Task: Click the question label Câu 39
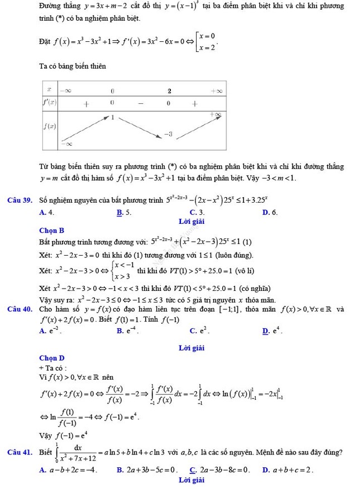pos(21,200)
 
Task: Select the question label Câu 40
pos(21,309)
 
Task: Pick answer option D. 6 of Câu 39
pos(266,212)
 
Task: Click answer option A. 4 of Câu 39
pos(47,212)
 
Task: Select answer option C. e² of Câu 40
pos(196,331)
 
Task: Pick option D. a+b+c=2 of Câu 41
pos(288,470)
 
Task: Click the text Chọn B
pos(52,230)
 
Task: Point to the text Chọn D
pos(52,357)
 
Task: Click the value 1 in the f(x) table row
pos(112,118)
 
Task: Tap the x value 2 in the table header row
pos(169,91)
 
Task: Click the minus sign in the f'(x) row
pos(141,103)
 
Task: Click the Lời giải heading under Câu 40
pos(192,348)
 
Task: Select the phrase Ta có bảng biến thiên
pos(73,66)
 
